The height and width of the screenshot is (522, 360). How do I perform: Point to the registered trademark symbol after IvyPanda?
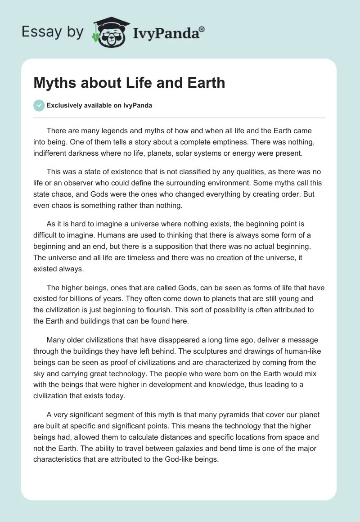click(x=202, y=28)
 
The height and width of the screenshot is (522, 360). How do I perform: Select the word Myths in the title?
click(x=54, y=83)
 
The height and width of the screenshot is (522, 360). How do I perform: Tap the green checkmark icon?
click(x=39, y=106)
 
